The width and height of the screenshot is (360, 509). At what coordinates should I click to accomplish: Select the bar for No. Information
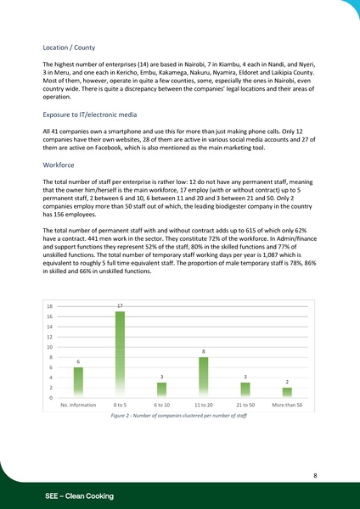(x=78, y=381)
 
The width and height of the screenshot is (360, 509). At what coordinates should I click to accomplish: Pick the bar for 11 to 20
(x=204, y=377)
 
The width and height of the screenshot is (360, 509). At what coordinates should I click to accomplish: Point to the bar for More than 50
(x=287, y=392)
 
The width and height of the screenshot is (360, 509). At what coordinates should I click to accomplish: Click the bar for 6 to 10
(x=161, y=389)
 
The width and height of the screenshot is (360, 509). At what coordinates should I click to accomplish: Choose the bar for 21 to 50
(x=245, y=389)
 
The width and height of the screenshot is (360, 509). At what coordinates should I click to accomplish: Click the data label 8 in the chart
(x=204, y=351)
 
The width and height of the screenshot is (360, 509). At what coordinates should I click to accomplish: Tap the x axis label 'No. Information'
(x=78, y=406)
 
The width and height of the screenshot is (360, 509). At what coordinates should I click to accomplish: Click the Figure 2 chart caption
(x=179, y=417)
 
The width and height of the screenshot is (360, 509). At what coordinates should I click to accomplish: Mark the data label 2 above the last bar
(x=287, y=382)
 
